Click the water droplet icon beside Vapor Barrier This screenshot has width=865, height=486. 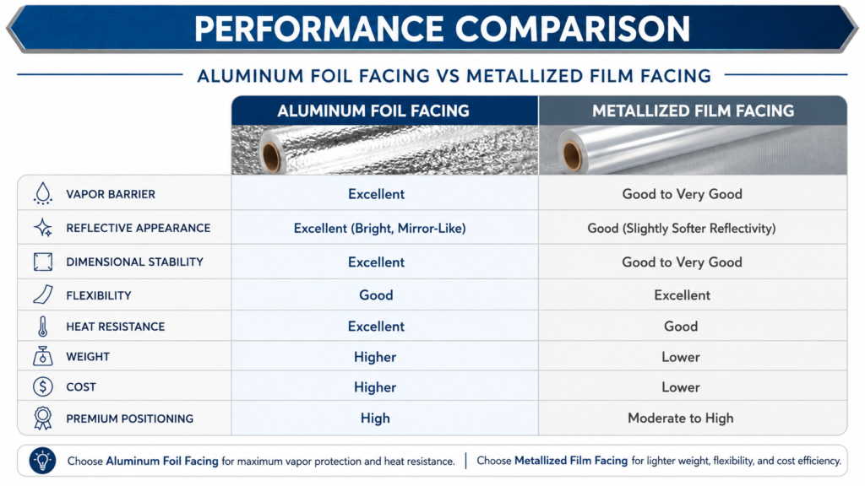pyautogui.click(x=42, y=194)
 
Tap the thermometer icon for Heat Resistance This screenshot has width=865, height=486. pyautogui.click(x=42, y=327)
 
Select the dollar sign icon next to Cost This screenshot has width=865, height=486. pyautogui.click(x=42, y=386)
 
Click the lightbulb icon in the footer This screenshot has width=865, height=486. pyautogui.click(x=42, y=460)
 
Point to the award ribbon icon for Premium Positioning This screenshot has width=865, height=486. pyautogui.click(x=42, y=418)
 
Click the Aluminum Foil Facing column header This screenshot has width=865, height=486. pyautogui.click(x=373, y=111)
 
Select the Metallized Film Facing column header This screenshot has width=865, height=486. pyautogui.click(x=693, y=111)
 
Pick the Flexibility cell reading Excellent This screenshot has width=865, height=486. pyautogui.click(x=682, y=295)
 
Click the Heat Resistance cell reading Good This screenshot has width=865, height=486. pyautogui.click(x=681, y=327)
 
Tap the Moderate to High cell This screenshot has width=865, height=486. pyautogui.click(x=681, y=418)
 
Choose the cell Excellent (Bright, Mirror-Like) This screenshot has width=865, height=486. pyautogui.click(x=379, y=228)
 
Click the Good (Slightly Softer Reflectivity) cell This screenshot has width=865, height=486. pyautogui.click(x=682, y=228)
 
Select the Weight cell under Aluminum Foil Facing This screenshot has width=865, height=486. pyautogui.click(x=375, y=357)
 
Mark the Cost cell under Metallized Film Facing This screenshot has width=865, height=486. pyautogui.click(x=681, y=387)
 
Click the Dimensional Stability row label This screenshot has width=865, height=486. pyautogui.click(x=134, y=262)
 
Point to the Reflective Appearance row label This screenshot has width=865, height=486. pyautogui.click(x=138, y=228)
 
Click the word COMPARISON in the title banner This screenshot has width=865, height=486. pyautogui.click(x=573, y=29)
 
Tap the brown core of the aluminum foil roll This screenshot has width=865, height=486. pyautogui.click(x=271, y=157)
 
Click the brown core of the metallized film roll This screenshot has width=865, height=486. pyautogui.click(x=572, y=156)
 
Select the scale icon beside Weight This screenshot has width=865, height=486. pyautogui.click(x=42, y=357)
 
